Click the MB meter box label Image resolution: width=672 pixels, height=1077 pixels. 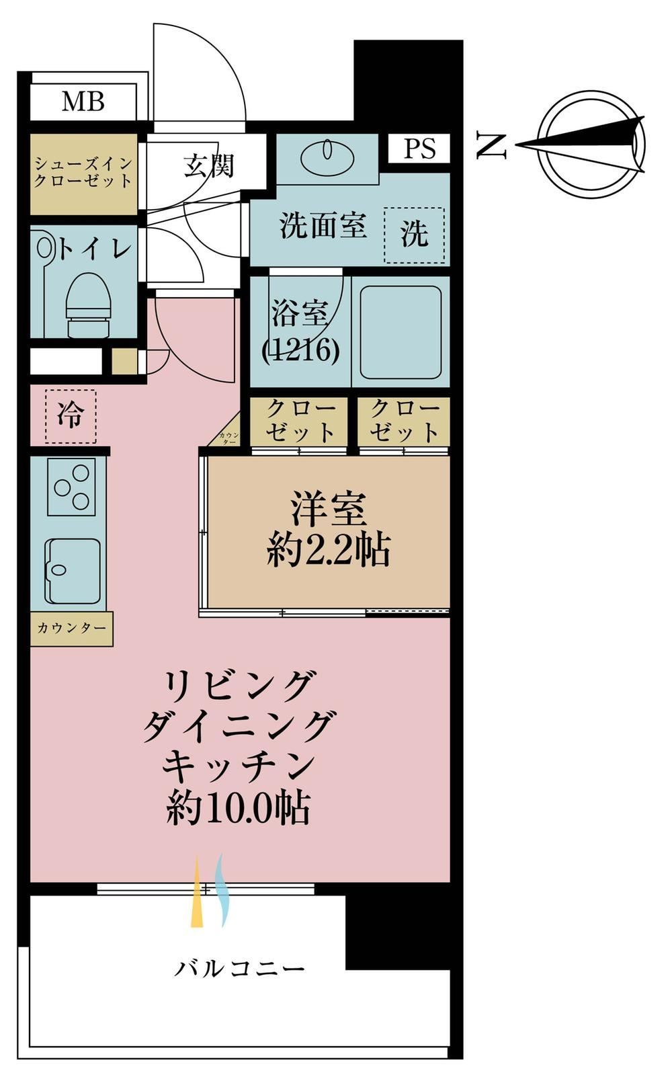point(83,102)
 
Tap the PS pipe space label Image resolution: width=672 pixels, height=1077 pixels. point(419,148)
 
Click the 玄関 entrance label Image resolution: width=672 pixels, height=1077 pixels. point(208,166)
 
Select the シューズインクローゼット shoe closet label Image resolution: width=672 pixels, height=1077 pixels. point(83,173)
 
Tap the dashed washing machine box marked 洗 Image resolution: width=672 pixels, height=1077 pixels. point(414,235)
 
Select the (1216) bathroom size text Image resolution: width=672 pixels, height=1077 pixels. point(301,350)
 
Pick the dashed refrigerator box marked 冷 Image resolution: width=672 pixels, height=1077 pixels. point(71,416)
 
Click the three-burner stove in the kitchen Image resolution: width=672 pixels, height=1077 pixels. point(72,487)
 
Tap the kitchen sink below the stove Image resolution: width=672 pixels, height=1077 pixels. point(73,571)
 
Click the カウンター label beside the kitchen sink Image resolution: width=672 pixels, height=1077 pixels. point(71,628)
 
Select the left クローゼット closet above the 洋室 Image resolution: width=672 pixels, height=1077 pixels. point(299,421)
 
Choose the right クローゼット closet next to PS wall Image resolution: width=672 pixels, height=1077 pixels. point(404,421)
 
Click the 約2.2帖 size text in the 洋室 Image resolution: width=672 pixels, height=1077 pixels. point(329,549)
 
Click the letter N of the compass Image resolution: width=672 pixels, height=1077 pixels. point(492,145)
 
